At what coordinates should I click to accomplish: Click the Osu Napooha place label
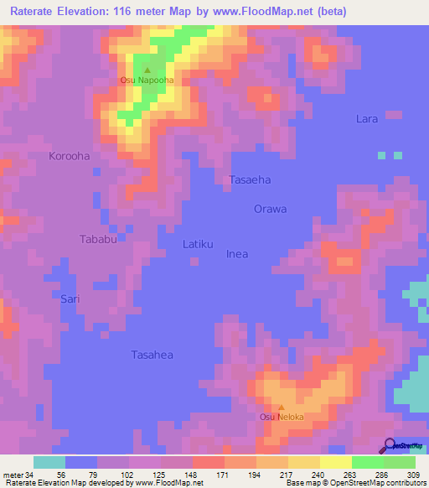click(147, 80)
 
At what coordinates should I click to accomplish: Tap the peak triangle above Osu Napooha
click(147, 70)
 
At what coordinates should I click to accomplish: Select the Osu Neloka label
click(281, 417)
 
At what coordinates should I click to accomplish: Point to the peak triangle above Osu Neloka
click(281, 407)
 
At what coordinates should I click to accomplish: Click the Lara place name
click(367, 119)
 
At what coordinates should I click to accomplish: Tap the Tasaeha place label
click(250, 179)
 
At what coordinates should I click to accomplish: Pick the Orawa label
click(271, 209)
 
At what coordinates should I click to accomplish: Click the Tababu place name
click(97, 239)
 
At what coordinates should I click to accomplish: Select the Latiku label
click(199, 244)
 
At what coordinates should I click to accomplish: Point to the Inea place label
click(237, 254)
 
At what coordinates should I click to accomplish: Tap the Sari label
click(70, 298)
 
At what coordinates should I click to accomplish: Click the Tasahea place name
click(152, 355)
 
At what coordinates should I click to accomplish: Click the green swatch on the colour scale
click(368, 462)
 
